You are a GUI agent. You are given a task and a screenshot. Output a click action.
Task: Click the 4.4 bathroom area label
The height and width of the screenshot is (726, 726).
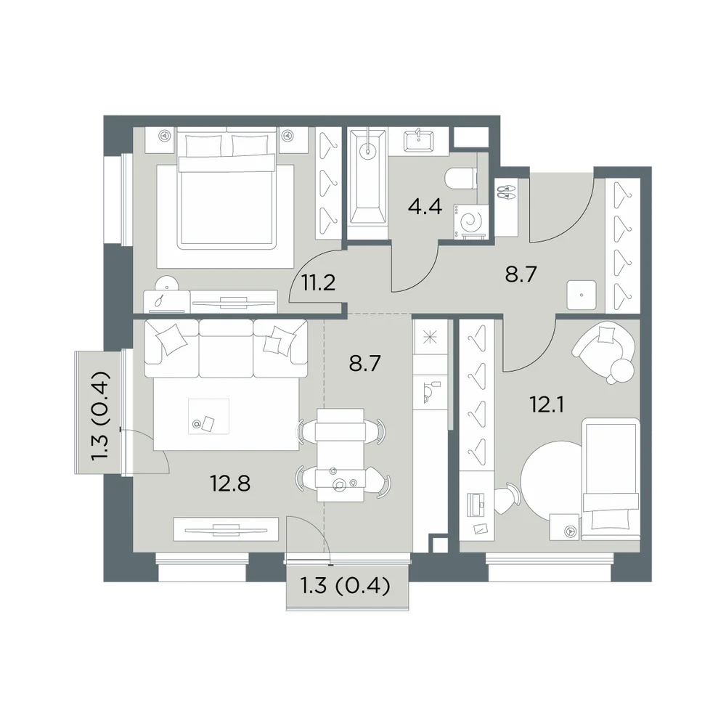425,206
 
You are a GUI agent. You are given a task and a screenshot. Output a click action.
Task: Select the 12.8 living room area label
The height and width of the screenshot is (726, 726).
230,484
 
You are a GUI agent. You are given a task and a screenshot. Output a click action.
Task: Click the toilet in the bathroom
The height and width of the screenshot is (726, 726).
461,179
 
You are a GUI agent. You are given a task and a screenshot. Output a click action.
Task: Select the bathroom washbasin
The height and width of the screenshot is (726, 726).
419,140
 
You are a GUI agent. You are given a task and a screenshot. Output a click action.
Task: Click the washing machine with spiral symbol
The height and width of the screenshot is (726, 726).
470,221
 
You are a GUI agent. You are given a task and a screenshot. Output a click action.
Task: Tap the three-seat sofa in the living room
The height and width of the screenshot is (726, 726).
226,348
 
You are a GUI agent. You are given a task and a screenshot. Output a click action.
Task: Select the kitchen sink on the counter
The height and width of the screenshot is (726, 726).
431,392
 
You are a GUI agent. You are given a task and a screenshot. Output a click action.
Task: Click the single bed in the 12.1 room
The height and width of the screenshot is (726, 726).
611,479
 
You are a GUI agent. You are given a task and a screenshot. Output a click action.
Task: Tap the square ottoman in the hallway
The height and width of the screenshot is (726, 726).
582,295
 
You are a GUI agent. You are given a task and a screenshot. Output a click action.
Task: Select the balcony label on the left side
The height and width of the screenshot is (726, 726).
100,415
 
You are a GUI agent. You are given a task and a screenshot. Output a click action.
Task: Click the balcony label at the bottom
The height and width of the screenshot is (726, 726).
346,586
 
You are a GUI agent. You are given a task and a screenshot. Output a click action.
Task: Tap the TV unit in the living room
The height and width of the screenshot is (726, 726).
226,529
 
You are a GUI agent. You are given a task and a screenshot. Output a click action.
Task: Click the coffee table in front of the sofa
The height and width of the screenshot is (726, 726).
208,417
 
